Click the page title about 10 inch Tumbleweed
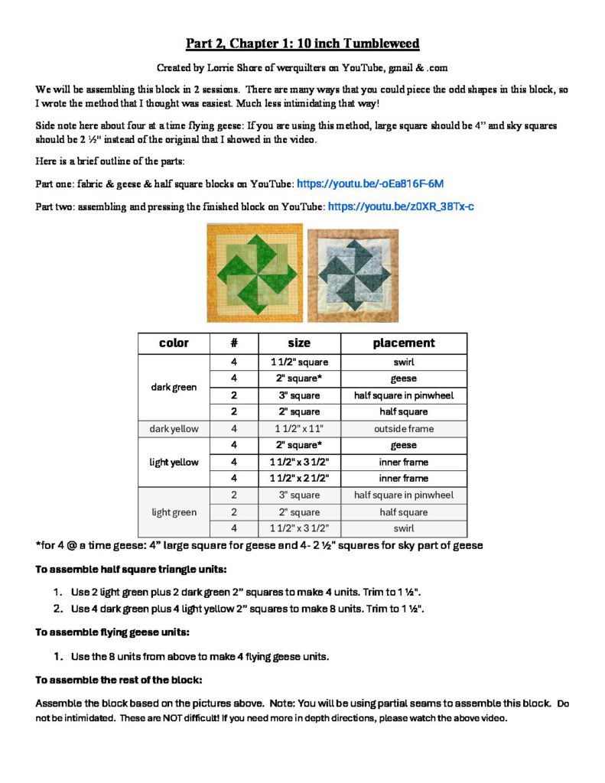pos(302,43)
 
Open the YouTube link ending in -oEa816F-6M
pos(369,184)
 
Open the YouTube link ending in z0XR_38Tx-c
pos(401,206)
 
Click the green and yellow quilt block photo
pos(255,273)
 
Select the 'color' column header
pos(174,343)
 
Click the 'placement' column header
pos(403,343)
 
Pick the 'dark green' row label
pos(174,387)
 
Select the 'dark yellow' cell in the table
pos(174,429)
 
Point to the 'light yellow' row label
pos(174,462)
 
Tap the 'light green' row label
pos(174,512)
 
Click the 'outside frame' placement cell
pos(403,429)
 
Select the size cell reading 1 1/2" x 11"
pos(299,429)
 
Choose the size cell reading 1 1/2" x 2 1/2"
pos(299,479)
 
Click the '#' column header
pos(233,343)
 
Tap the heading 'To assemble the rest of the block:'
pos(119,680)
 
